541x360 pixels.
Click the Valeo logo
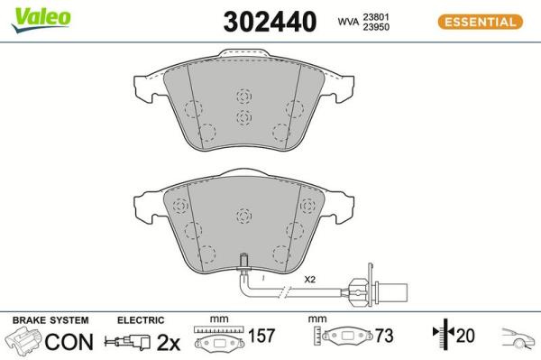point(41,19)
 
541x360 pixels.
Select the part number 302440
point(270,22)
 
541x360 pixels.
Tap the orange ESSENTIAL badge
point(481,22)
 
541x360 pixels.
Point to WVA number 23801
point(376,17)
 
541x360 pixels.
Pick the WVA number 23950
point(376,27)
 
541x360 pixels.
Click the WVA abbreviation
point(348,22)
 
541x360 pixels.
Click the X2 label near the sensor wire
point(309,279)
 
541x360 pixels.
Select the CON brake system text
point(69,342)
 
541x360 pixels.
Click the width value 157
point(261,336)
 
